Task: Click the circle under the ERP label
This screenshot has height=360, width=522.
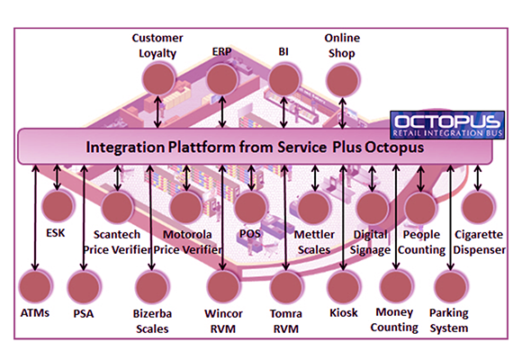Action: coord(221,80)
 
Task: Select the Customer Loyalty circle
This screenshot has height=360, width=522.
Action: coord(158,80)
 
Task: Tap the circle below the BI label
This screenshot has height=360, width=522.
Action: coord(284,80)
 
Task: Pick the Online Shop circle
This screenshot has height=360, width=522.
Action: coord(343,81)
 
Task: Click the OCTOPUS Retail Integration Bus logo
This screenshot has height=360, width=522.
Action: coord(447,125)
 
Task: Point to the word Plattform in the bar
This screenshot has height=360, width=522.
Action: coord(202,147)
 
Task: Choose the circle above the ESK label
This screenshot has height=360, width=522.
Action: coord(58,206)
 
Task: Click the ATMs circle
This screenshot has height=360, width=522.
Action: coord(35,286)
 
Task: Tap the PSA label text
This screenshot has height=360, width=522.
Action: coord(84,313)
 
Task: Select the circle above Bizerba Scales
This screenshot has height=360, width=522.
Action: coord(152,287)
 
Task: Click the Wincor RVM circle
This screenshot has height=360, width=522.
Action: coord(223,287)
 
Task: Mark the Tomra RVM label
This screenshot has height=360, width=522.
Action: coord(286,321)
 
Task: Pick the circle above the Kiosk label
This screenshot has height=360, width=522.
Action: coord(343,286)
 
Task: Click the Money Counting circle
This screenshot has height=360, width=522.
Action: coord(396,286)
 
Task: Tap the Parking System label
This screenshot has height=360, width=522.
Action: coord(449,320)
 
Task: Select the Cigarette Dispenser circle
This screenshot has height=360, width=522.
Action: coord(479,207)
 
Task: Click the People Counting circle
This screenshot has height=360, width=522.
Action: coord(421,208)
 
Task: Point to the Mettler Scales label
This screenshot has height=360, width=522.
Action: coord(314,242)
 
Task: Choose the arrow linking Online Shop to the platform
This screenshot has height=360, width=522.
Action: coord(343,113)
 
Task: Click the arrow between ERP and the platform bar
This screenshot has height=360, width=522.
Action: coord(222,112)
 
